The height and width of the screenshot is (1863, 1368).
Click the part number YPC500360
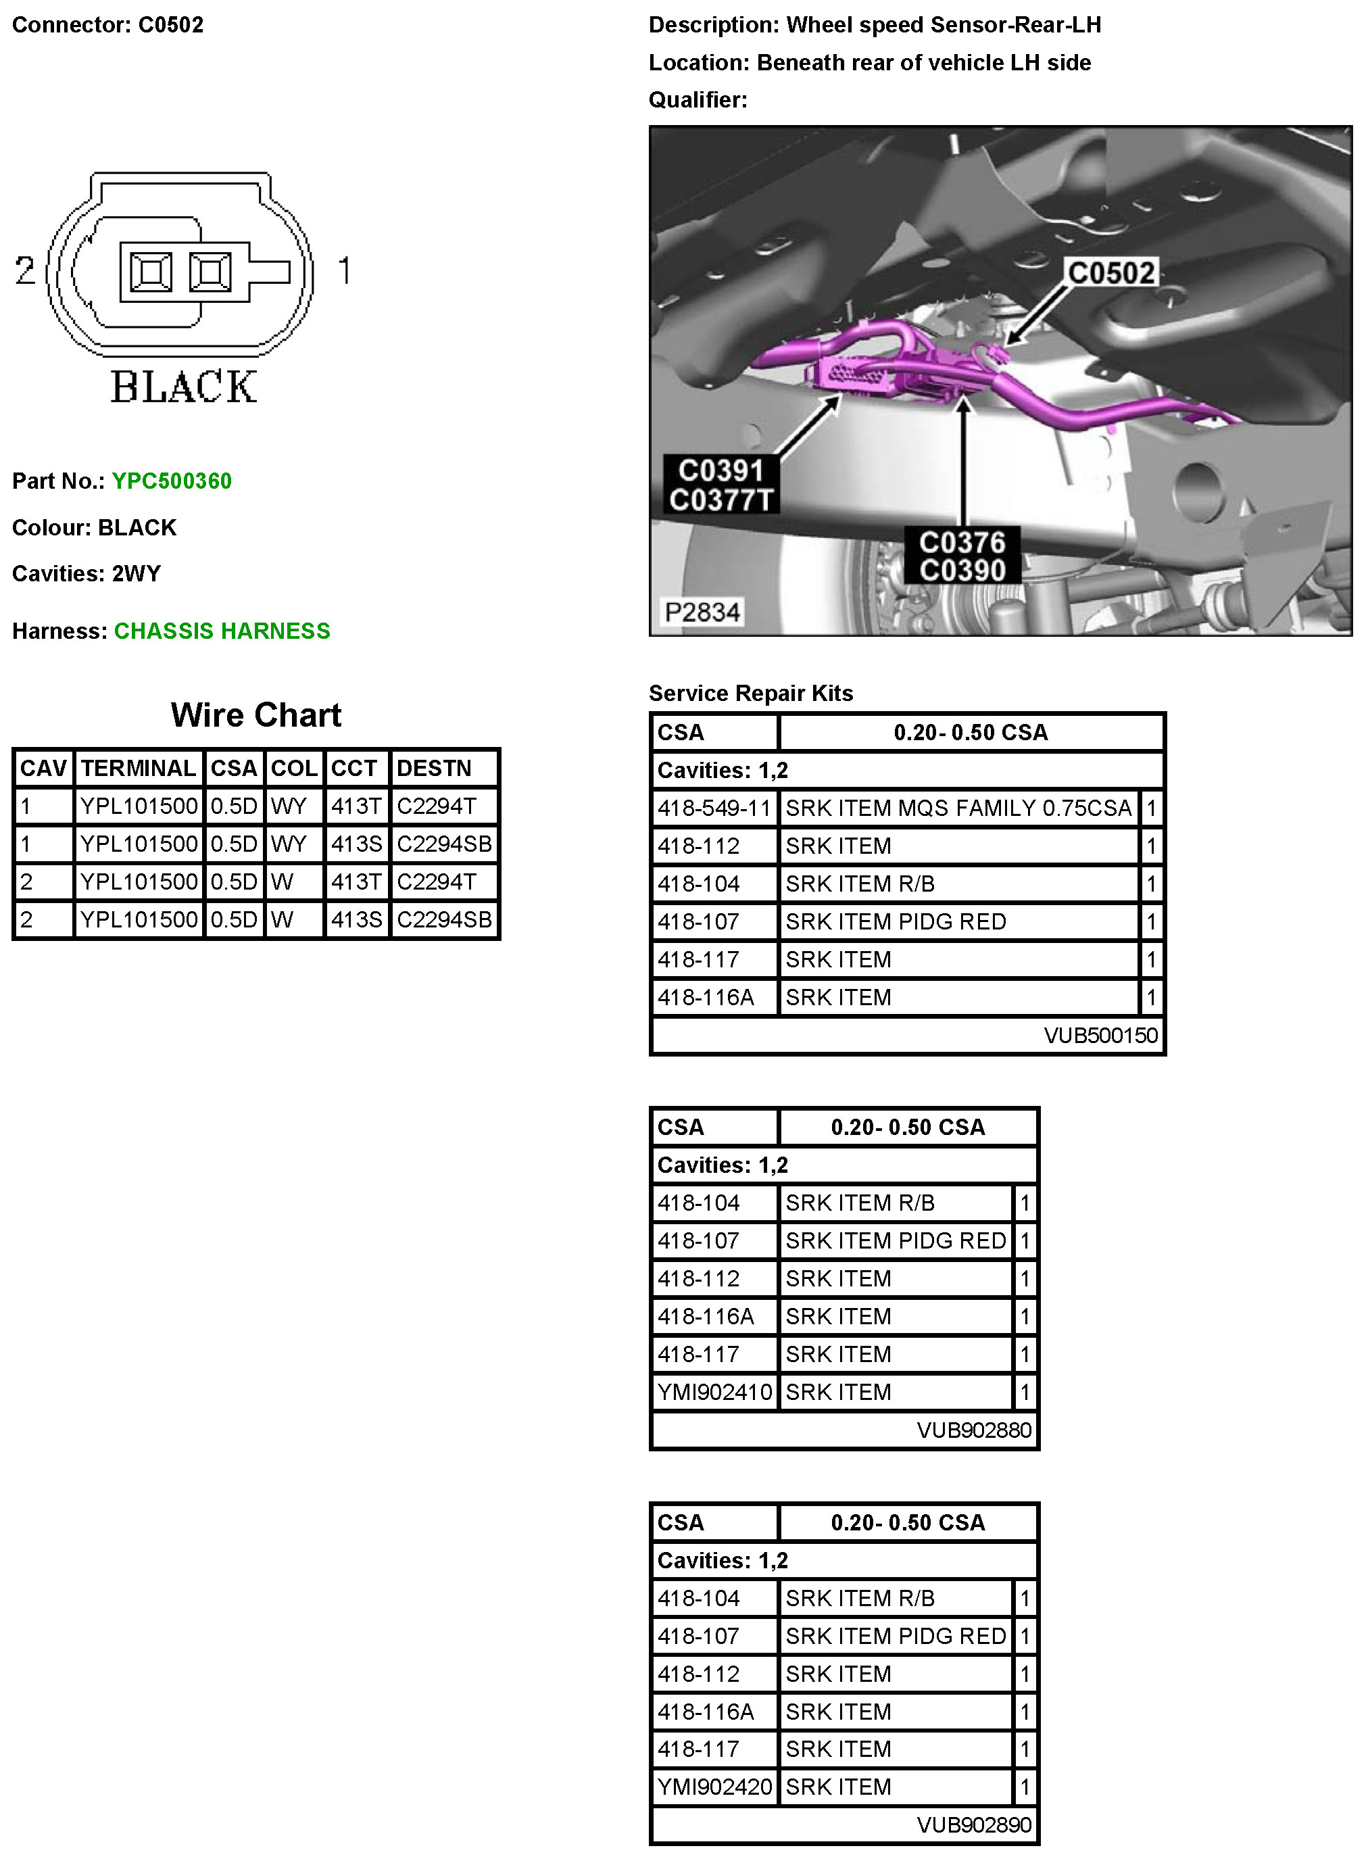[x=172, y=481]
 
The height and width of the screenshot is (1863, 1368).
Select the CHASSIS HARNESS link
[x=222, y=631]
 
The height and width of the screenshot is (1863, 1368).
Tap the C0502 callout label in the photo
[x=1110, y=273]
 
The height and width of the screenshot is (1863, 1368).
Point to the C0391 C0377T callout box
[x=721, y=485]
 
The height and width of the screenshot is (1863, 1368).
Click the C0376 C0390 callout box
[x=962, y=556]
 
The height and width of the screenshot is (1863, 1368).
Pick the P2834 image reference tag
[x=702, y=612]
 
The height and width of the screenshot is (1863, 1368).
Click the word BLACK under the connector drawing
[x=184, y=387]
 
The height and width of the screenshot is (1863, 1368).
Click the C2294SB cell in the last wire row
[x=444, y=919]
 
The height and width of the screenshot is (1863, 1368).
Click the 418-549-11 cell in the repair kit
[x=714, y=808]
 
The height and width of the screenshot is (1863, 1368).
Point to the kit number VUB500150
[x=1100, y=1035]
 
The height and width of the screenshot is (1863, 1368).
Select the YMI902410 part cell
[x=714, y=1392]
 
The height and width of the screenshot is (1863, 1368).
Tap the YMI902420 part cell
[x=714, y=1787]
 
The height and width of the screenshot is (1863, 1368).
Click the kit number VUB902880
[x=974, y=1430]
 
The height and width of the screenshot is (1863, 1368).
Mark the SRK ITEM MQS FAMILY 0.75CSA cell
[x=958, y=808]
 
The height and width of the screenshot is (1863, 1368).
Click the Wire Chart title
[x=256, y=715]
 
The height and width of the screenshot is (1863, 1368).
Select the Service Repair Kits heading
[x=750, y=693]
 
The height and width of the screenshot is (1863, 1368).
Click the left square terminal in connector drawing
[x=151, y=272]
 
